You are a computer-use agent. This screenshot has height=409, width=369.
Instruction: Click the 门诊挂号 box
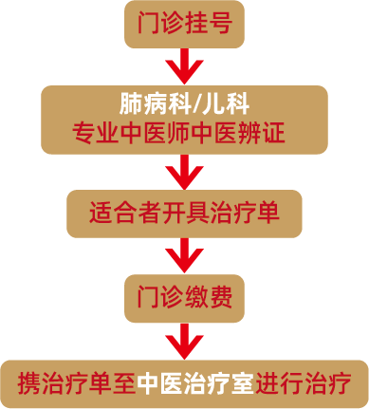pyautogui.click(x=184, y=25)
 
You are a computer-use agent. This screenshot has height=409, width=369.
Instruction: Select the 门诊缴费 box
pyautogui.click(x=184, y=299)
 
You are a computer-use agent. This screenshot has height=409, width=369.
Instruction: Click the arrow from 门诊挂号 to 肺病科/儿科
pyautogui.click(x=184, y=66)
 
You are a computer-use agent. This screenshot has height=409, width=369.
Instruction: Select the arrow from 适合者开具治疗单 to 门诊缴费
pyautogui.click(x=184, y=255)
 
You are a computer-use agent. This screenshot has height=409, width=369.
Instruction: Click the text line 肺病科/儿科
pyautogui.click(x=184, y=100)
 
